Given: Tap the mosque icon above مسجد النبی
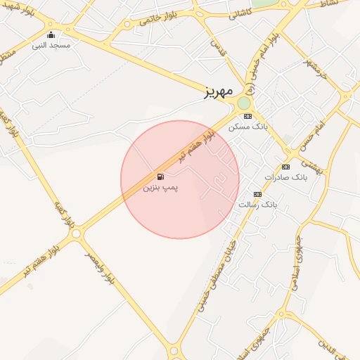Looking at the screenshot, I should click(x=50, y=35).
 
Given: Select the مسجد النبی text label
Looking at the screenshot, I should click(x=50, y=46).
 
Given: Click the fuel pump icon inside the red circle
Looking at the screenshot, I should click(x=161, y=177).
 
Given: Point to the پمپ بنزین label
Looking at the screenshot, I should click(x=161, y=188).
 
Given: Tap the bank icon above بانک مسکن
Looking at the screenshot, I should click(x=247, y=116).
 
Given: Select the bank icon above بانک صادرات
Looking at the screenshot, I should click(x=285, y=167).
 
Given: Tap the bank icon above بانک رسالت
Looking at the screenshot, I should click(x=257, y=194).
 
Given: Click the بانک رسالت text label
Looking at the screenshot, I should click(x=258, y=205).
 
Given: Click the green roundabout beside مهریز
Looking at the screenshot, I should click(x=244, y=103).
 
